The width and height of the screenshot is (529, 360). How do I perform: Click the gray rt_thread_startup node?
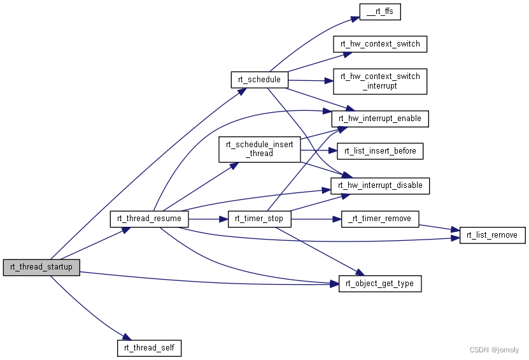(x=41, y=268)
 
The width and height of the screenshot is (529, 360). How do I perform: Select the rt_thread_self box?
(x=150, y=348)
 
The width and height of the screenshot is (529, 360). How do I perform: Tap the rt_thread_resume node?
(x=150, y=219)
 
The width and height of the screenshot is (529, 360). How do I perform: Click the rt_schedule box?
(x=259, y=80)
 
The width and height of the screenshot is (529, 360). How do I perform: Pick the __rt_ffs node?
(x=380, y=11)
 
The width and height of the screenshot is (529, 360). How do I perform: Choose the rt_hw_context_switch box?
(x=380, y=44)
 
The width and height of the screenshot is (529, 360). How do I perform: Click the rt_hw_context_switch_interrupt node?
(x=380, y=81)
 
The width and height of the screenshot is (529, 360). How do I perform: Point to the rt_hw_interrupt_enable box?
(x=380, y=119)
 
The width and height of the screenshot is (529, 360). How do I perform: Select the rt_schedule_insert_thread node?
(x=259, y=148)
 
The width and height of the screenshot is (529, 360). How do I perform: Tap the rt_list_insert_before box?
(x=380, y=151)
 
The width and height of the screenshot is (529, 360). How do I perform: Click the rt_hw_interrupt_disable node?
(x=380, y=185)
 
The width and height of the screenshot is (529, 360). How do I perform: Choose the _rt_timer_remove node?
(x=380, y=219)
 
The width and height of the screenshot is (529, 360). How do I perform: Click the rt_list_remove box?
(x=492, y=235)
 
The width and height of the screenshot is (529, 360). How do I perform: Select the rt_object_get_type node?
(x=380, y=284)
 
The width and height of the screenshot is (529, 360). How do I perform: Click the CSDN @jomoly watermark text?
(x=494, y=350)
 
